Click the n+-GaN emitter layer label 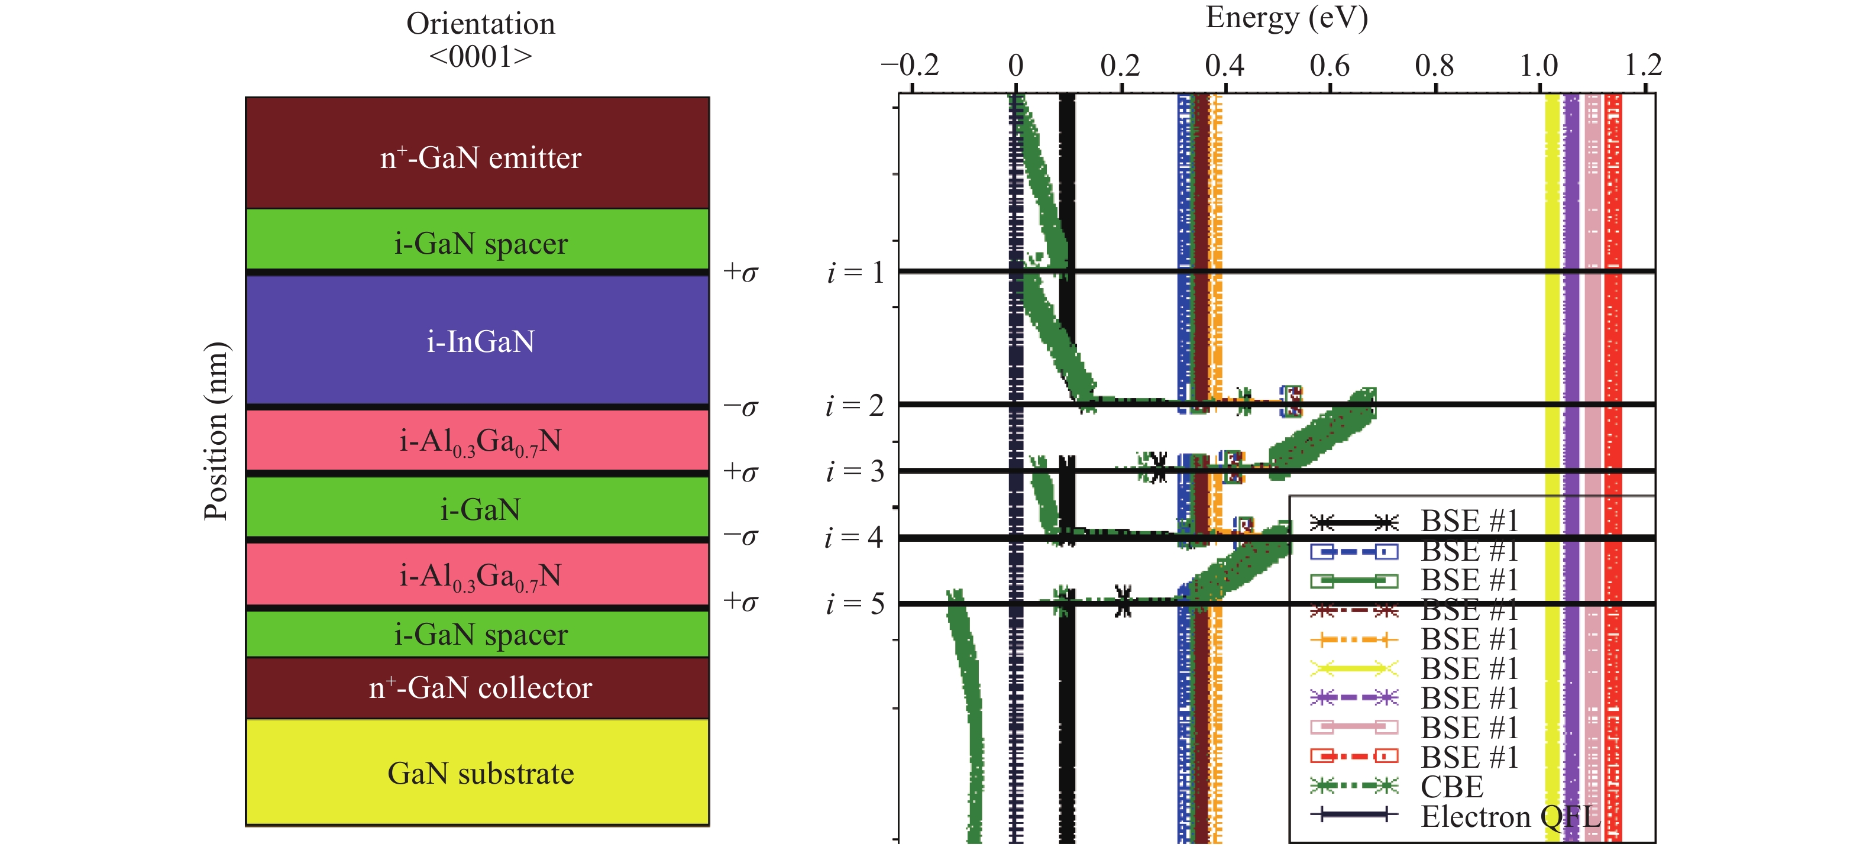(x=480, y=158)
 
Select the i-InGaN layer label (x=480, y=341)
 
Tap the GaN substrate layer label (x=480, y=773)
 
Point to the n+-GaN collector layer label (x=480, y=687)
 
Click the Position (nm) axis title (x=215, y=431)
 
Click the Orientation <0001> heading (x=480, y=40)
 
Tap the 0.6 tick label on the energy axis (x=1330, y=66)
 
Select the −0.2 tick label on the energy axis (x=910, y=66)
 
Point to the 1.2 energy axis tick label (x=1643, y=66)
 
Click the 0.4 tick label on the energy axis (x=1224, y=66)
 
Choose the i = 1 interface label (x=856, y=273)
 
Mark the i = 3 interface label (x=856, y=471)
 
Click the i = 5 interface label (x=856, y=603)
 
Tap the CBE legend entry (x=1451, y=786)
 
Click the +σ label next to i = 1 (x=740, y=273)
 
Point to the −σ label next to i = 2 (x=740, y=407)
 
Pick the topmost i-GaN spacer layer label (x=480, y=243)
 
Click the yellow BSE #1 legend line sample (x=1354, y=668)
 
